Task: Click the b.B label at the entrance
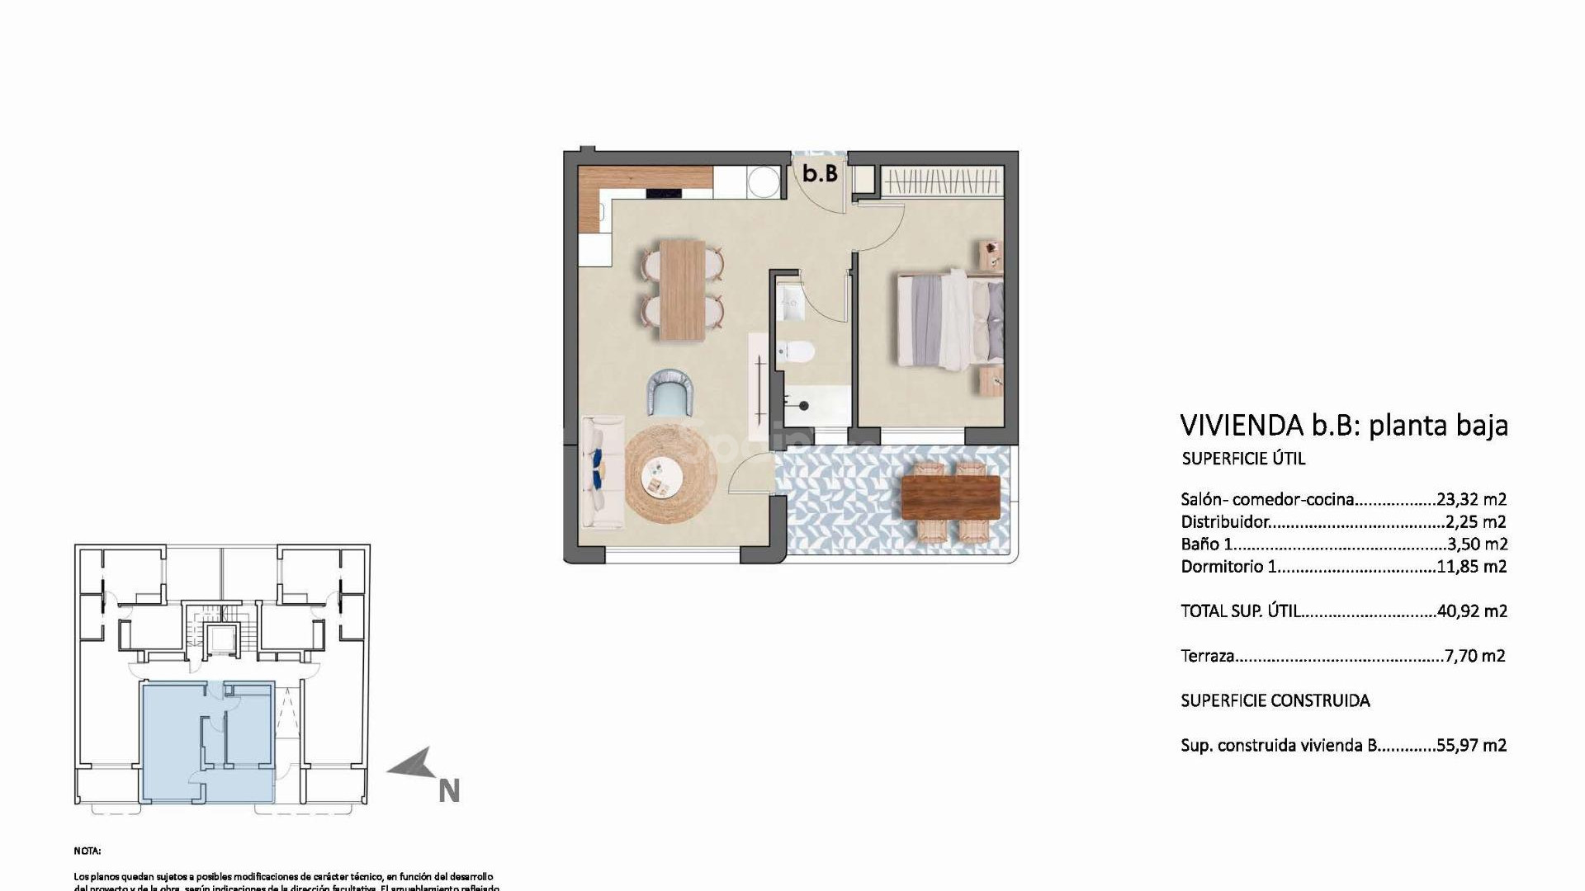820,173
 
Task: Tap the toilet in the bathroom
796,352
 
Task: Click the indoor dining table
682,289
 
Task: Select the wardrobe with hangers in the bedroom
942,181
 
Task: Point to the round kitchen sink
762,181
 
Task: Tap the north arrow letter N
448,791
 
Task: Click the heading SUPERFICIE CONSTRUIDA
1275,700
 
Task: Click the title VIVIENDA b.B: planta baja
1343,425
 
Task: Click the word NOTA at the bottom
87,851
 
